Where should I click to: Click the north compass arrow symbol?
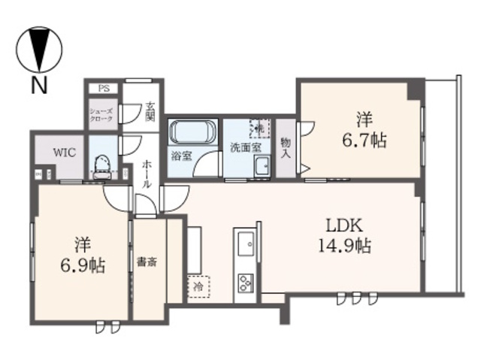(38, 49)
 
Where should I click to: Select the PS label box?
(104, 88)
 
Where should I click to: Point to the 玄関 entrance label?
(150, 112)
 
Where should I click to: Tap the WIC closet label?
(62, 150)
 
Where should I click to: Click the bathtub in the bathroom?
(193, 134)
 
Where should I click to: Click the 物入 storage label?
(286, 147)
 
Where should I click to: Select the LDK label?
(344, 225)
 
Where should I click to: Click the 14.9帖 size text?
(344, 245)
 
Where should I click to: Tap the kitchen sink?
(246, 245)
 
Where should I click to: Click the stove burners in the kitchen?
(246, 283)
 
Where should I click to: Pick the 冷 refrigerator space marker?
(198, 286)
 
